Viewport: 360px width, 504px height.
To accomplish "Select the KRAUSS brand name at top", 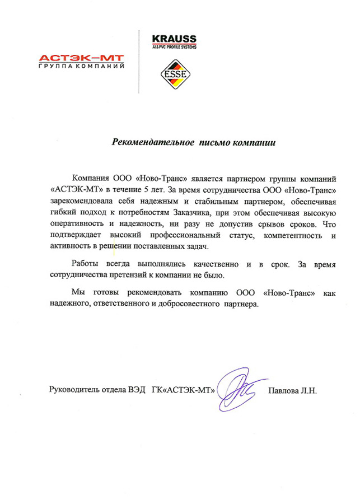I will point(174,39).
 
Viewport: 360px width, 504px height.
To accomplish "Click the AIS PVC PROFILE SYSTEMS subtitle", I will point(174,47).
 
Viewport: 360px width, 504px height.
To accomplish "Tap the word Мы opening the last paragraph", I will point(78,293).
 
